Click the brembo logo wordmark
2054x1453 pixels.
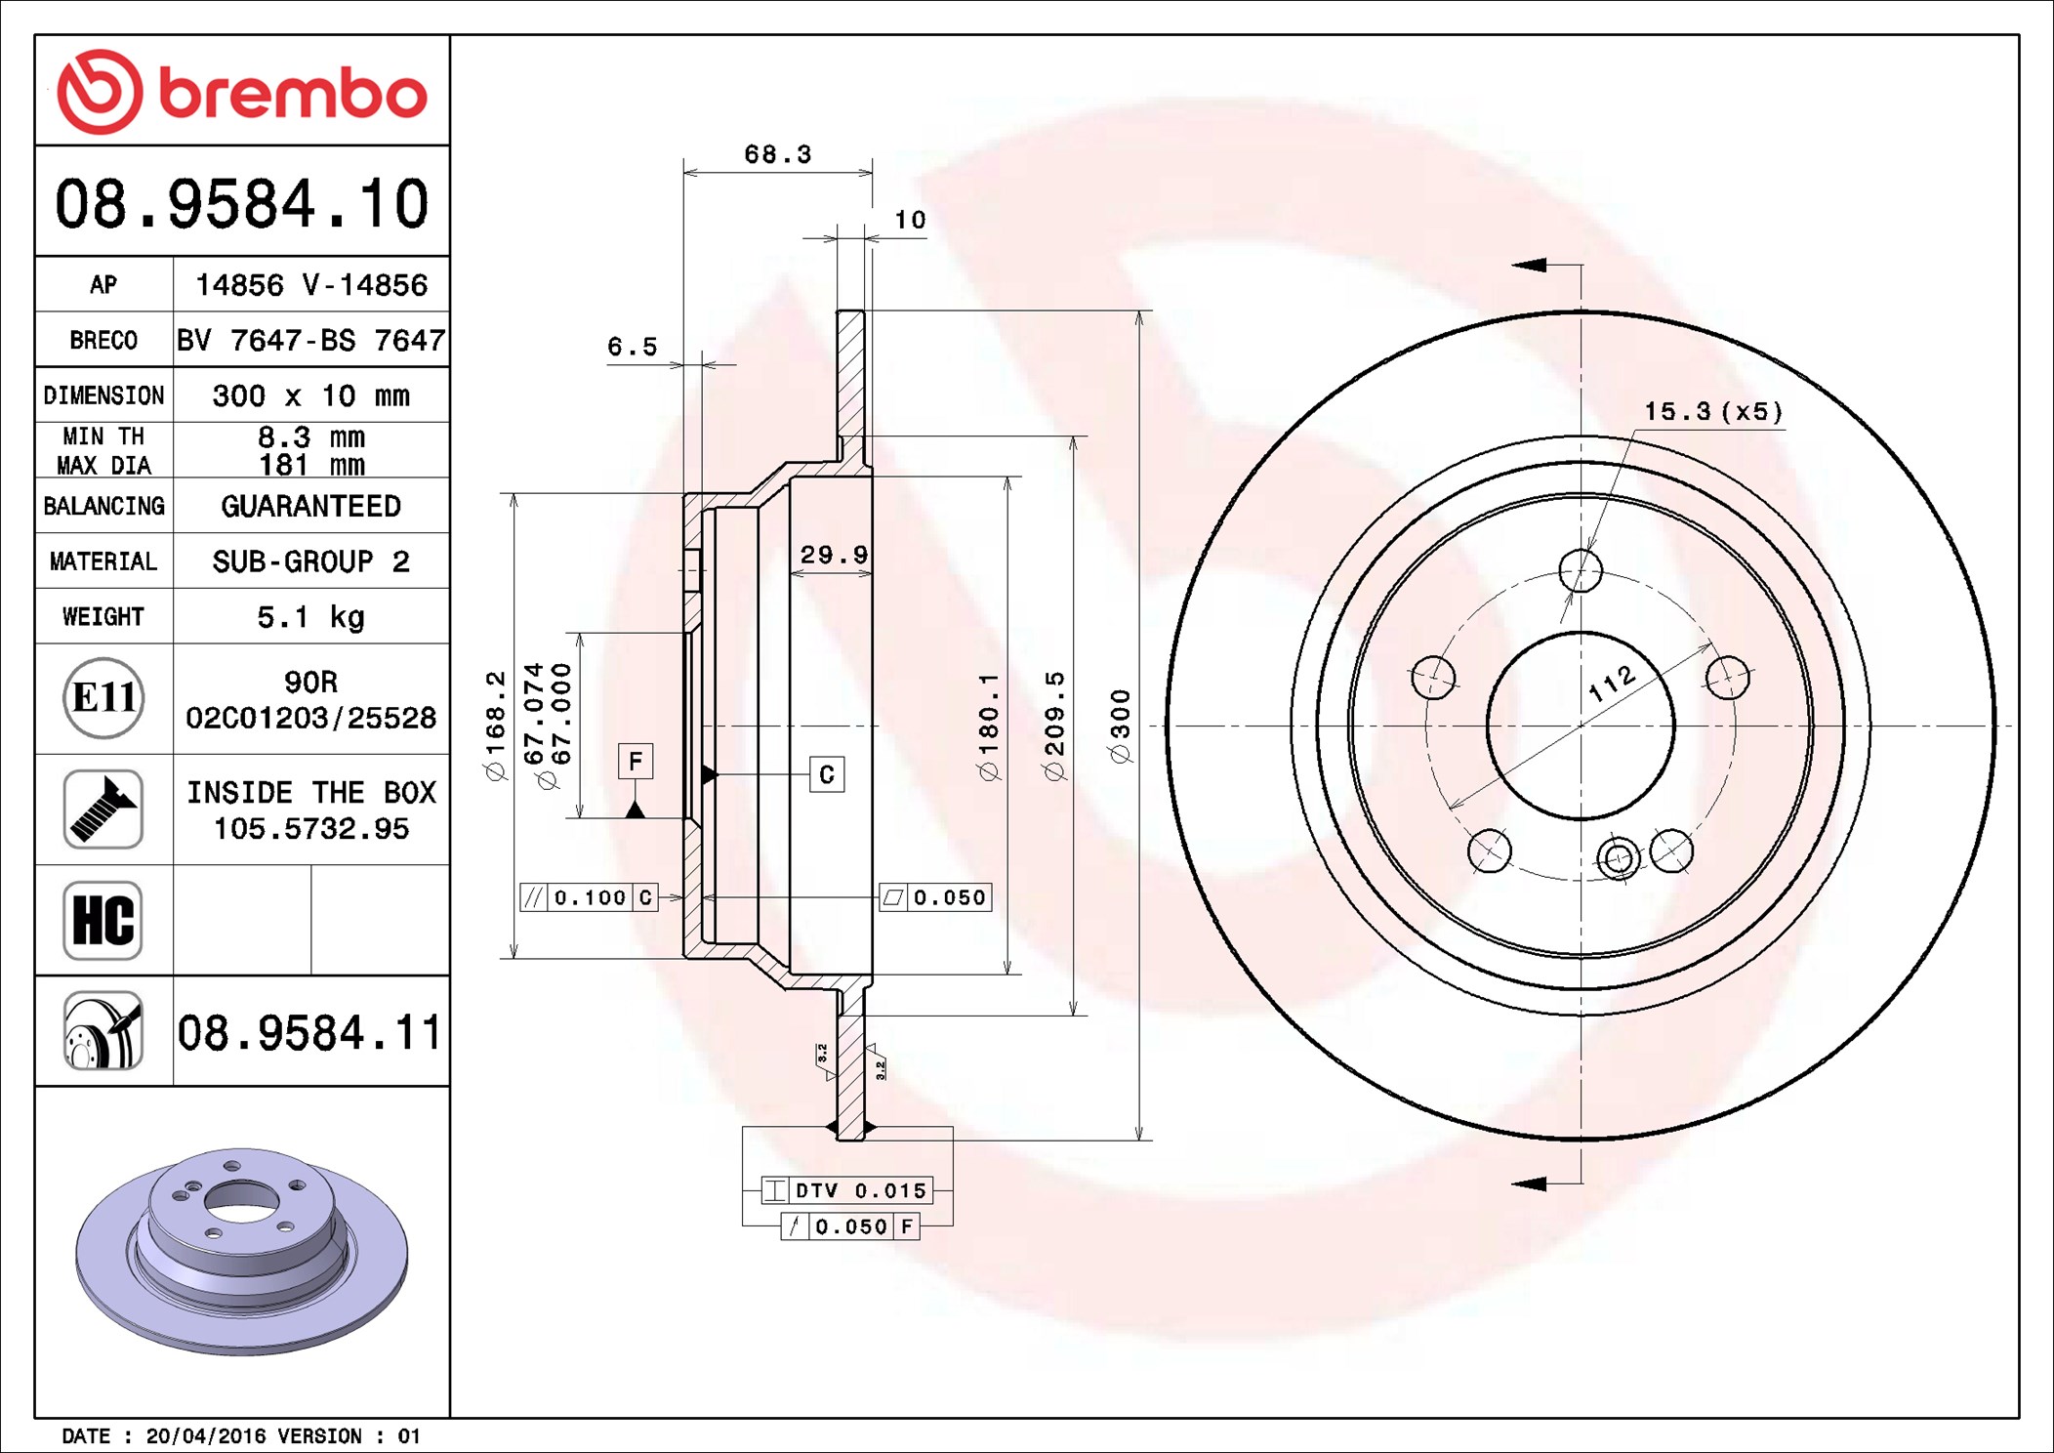point(293,95)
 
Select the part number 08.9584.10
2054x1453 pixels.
point(242,204)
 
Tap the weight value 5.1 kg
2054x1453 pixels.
point(310,617)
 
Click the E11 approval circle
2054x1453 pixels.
point(103,697)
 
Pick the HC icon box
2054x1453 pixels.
point(103,920)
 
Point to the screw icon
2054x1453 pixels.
point(103,809)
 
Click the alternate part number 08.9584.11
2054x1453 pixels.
point(309,1032)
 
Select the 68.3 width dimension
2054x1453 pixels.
point(777,154)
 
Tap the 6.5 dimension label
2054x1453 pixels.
point(633,347)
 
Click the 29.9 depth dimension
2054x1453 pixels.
point(834,555)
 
